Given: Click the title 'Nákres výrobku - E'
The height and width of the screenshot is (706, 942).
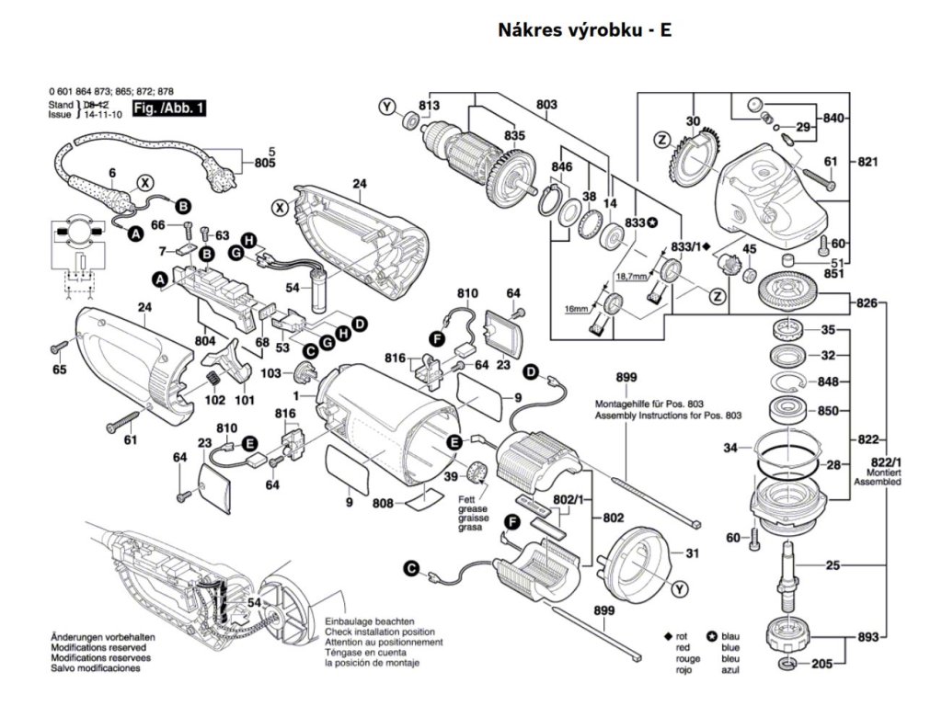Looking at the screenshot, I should click(585, 30).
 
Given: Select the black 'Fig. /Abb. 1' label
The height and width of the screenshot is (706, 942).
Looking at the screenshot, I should click(170, 109).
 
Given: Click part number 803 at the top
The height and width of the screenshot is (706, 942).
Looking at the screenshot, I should click(546, 106).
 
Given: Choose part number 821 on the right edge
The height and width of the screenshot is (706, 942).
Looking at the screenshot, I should click(867, 162).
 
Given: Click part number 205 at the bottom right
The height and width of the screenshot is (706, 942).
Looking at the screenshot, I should click(822, 664).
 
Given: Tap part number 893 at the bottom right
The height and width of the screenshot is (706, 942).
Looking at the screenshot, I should click(867, 636).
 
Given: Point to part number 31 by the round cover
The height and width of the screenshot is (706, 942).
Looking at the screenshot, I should click(693, 553).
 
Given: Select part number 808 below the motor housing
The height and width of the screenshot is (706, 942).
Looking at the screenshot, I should click(383, 504).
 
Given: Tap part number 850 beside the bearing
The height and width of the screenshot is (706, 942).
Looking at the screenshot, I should click(828, 411).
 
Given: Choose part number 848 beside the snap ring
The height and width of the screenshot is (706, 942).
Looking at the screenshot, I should click(828, 382).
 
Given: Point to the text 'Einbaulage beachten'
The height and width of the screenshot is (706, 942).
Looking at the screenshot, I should click(369, 622).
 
